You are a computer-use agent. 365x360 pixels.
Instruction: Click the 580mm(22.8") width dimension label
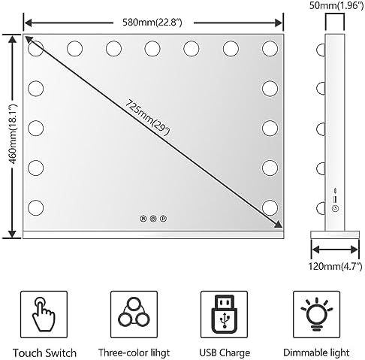coord(152,23)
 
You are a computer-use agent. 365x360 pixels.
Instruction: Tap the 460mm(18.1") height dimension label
coord(13,134)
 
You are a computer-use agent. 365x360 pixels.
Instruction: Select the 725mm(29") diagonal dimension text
coord(147,117)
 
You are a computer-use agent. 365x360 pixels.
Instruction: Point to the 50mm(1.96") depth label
coord(336,5)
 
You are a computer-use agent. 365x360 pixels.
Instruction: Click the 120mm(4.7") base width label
coord(335,266)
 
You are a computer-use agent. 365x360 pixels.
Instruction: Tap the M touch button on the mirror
coord(143,219)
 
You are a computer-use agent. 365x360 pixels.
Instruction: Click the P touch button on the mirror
coord(163,219)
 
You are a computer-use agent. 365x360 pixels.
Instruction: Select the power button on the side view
coord(335,208)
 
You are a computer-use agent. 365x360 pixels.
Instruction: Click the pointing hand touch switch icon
coord(44,314)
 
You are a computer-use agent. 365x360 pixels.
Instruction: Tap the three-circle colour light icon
coord(134,315)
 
